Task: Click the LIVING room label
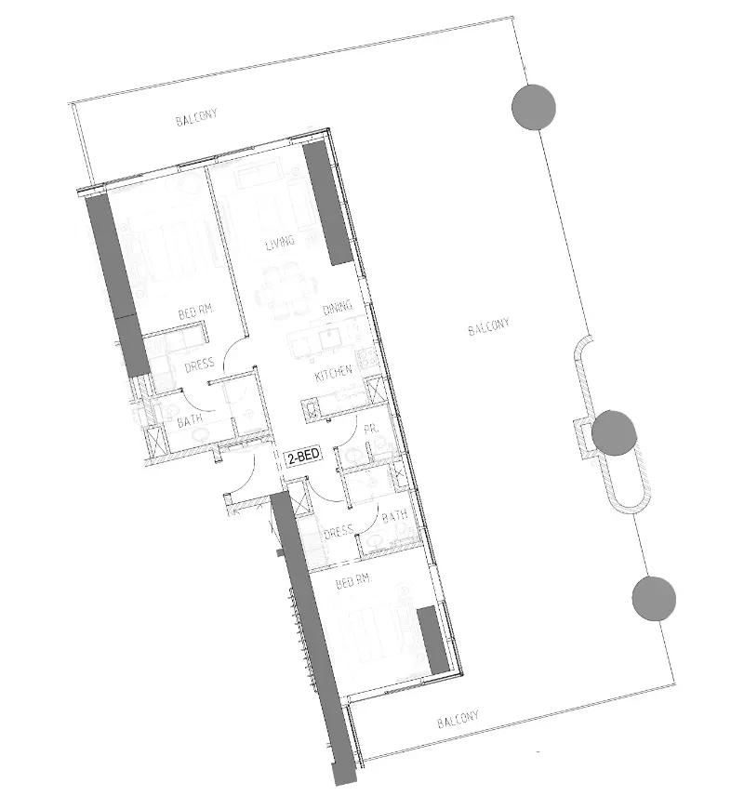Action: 280,243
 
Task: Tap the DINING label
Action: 336,309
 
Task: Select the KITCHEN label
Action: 333,373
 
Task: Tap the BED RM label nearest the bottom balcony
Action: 347,584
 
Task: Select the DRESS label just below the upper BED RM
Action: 199,365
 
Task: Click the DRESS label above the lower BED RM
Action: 339,532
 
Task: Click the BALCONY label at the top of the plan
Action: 196,119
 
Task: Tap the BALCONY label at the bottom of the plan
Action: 458,720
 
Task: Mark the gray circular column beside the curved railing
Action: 614,432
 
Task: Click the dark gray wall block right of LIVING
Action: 327,205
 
